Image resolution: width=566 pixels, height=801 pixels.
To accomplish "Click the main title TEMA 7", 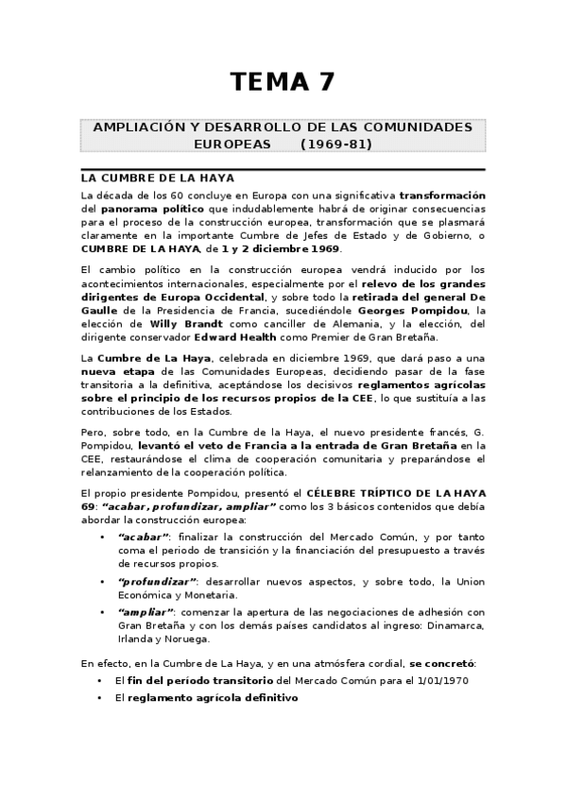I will pyautogui.click(x=283, y=82).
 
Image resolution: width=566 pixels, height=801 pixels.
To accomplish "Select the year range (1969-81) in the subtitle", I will pyautogui.click(x=336, y=145).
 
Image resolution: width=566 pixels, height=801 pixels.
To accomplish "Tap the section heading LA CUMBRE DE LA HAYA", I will pyautogui.click(x=158, y=178).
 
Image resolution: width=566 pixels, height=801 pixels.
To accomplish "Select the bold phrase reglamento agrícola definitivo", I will pyautogui.click(x=207, y=698).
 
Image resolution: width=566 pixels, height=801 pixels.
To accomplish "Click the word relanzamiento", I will pyautogui.click(x=122, y=471).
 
